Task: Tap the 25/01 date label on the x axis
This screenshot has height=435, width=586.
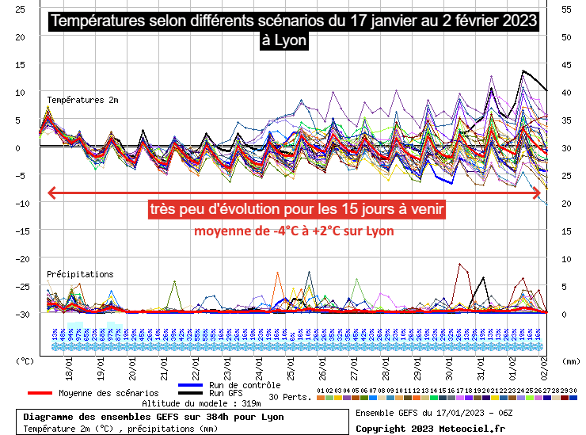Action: [291, 371]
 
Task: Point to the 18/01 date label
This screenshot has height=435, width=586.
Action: [70, 371]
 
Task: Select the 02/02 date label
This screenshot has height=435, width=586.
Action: [544, 371]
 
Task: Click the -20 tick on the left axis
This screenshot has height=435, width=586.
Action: [25, 258]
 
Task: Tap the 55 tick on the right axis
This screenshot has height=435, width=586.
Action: [566, 9]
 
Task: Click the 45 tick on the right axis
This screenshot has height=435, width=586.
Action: [566, 64]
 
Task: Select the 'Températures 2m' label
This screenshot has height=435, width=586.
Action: [82, 100]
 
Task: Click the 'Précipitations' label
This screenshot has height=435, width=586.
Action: [80, 274]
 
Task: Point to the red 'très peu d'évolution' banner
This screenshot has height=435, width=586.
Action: [296, 210]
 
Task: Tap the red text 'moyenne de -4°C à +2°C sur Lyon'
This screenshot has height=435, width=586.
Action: [294, 231]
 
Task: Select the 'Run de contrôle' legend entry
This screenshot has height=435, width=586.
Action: [248, 385]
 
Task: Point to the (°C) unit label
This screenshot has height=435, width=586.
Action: [25, 361]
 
